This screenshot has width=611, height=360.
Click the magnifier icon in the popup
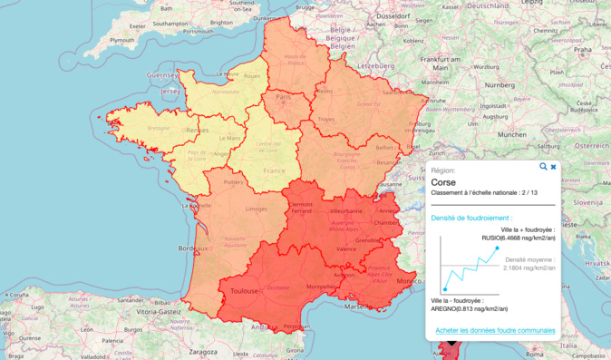click(543, 167)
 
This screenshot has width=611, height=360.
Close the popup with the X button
click(554, 167)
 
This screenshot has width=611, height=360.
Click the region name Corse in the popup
click(444, 182)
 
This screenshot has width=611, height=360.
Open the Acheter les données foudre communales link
click(495, 330)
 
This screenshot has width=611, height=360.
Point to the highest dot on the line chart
click(497, 248)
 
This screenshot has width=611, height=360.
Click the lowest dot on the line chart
click(445, 289)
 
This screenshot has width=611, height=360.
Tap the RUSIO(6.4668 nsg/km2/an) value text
click(519, 238)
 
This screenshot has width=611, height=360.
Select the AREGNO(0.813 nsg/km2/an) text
click(463, 308)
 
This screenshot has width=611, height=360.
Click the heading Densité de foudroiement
click(471, 218)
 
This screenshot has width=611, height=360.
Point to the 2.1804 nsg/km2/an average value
click(529, 268)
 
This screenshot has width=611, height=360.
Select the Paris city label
click(282, 97)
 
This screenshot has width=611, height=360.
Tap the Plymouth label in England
click(121, 41)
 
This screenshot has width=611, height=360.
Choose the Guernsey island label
click(163, 74)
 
